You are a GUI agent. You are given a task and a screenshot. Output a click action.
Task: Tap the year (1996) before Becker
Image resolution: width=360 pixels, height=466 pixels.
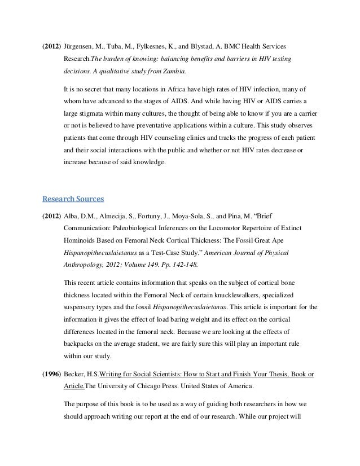coord(51,375)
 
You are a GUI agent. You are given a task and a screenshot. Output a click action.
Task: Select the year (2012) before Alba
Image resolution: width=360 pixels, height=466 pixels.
coord(51,216)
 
